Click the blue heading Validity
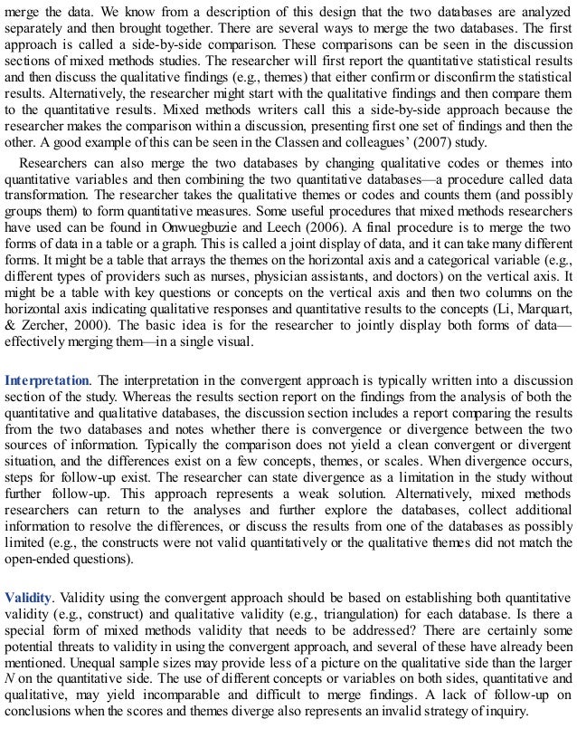(27, 598)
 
